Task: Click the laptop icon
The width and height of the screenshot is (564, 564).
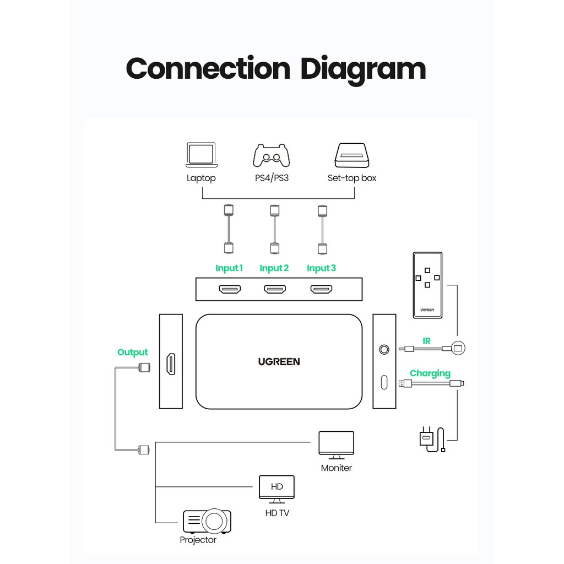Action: (202, 155)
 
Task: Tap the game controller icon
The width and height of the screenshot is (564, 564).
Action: (272, 155)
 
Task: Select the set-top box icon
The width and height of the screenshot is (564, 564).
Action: (352, 155)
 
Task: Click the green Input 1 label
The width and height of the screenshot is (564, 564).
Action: (229, 268)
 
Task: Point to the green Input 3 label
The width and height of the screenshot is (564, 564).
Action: (321, 268)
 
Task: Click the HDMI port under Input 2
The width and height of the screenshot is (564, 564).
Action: (275, 289)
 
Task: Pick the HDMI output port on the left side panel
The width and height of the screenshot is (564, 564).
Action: (171, 364)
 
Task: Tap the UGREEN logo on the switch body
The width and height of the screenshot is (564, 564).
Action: (279, 361)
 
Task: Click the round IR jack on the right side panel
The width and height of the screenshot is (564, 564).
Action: (384, 349)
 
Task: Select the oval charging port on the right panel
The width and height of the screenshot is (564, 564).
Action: (384, 382)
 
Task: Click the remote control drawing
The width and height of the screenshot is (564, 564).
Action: (427, 285)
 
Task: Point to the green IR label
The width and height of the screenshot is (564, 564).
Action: (427, 340)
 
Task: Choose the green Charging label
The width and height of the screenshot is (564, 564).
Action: (430, 373)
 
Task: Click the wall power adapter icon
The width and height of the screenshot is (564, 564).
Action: (432, 439)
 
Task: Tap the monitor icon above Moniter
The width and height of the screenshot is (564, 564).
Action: (337, 445)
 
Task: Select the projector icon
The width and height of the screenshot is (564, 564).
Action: (207, 521)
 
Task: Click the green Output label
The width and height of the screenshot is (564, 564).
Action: (132, 352)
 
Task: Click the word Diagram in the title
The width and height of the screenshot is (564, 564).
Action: (363, 69)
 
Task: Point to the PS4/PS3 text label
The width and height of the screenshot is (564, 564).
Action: (272, 178)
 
